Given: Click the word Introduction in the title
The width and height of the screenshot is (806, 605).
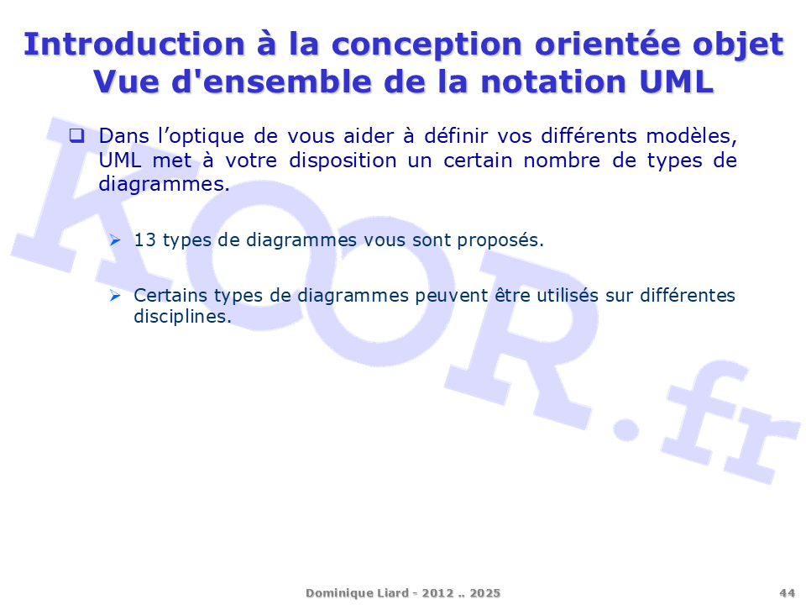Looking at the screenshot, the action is [134, 44].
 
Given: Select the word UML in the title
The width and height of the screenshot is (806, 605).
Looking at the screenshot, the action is [677, 82].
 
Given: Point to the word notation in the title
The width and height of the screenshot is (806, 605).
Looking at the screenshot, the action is [553, 82].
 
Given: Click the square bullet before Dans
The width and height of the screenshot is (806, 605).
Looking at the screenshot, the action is [77, 136].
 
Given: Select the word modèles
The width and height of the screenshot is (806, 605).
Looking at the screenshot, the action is [691, 137].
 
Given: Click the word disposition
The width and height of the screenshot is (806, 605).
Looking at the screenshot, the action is [343, 161].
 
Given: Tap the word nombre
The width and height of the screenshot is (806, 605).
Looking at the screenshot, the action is [562, 160].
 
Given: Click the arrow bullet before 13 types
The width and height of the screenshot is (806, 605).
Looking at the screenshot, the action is [115, 240].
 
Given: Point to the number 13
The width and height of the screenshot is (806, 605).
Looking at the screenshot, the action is [144, 240].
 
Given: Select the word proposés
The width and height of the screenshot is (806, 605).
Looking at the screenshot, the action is [500, 241].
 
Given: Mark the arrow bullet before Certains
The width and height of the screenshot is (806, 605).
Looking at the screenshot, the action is [115, 296].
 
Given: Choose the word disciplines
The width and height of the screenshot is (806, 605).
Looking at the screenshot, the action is [182, 317].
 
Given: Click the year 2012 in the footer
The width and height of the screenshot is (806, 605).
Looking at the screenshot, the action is [438, 593].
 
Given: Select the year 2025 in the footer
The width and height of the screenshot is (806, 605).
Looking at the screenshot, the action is [484, 593].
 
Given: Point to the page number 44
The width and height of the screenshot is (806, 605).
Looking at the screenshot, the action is [787, 593].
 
